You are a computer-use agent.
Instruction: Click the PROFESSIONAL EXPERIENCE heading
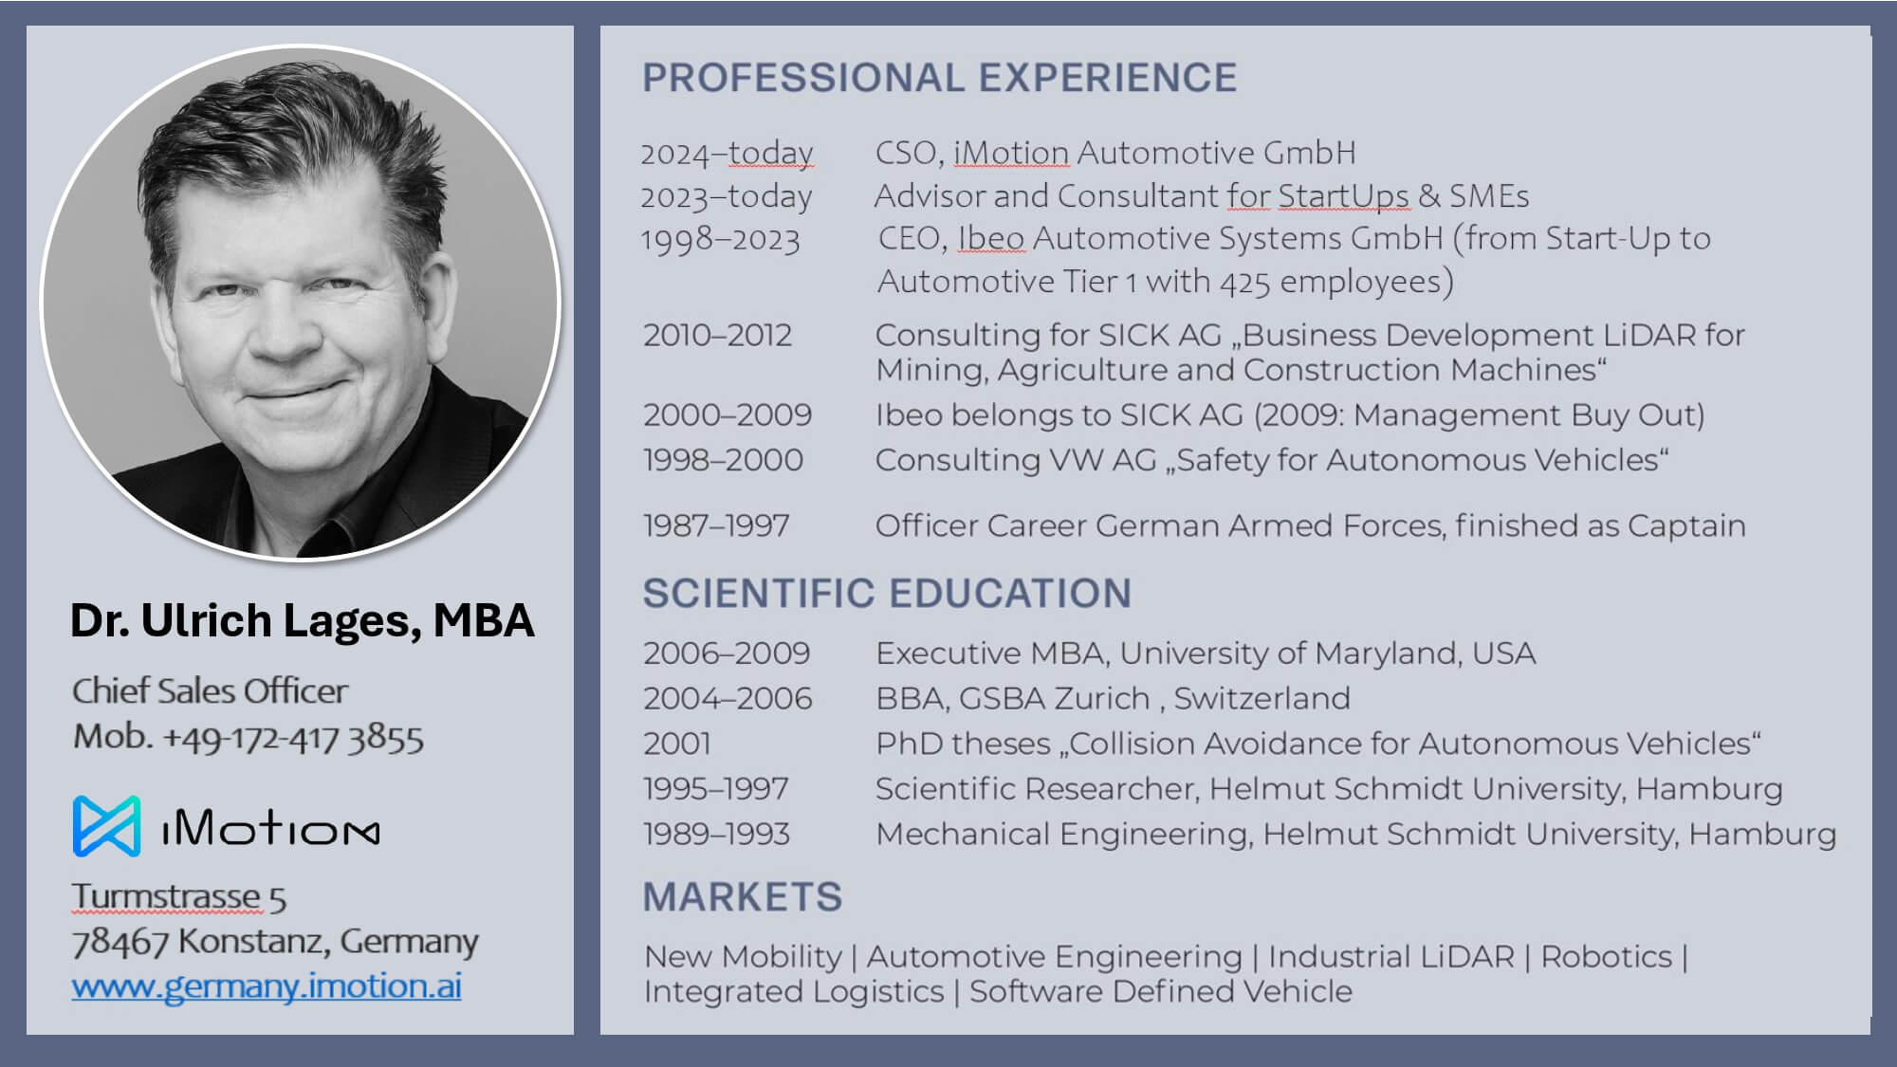coord(940,78)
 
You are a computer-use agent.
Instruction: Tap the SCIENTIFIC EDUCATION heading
coord(887,594)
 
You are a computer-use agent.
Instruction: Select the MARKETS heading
coord(743,897)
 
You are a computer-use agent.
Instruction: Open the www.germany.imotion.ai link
coord(267,986)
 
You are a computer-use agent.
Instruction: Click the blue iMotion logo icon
coord(106,826)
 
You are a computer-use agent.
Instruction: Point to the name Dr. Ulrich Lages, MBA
coord(302,621)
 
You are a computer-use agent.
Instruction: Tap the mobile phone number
coord(293,739)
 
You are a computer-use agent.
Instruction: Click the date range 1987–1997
coord(716,525)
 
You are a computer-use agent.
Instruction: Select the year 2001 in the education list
coord(677,744)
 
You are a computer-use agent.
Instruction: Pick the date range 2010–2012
coord(717,335)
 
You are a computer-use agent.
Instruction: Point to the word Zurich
coord(1101,698)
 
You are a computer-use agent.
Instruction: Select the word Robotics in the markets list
coord(1607,957)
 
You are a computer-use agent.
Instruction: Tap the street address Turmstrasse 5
coord(178,897)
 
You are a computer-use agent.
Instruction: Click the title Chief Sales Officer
coord(210,691)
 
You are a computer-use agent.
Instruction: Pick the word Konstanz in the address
coord(254,942)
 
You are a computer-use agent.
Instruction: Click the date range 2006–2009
coord(727,653)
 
